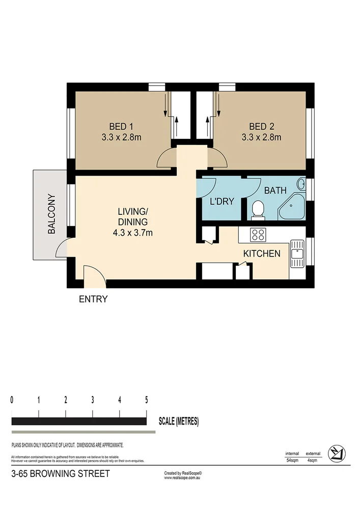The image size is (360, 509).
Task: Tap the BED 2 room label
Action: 260,126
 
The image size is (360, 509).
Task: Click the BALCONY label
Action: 51,214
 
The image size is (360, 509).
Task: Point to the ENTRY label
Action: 93,299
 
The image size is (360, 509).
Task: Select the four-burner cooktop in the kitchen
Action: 259,235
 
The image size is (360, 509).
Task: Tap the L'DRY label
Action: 222,202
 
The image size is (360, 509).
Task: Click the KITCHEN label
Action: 262,253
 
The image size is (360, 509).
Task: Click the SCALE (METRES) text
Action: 179,421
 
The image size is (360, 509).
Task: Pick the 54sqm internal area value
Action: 292,460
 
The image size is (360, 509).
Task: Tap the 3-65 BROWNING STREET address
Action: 60,474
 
